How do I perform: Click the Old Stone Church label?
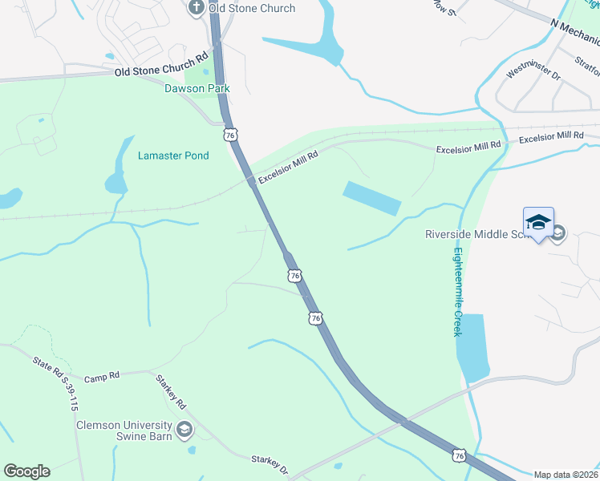click(x=252, y=8)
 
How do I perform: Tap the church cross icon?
click(x=196, y=8)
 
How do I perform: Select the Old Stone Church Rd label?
click(x=161, y=64)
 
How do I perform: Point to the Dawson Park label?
click(x=197, y=89)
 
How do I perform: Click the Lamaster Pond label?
click(x=173, y=156)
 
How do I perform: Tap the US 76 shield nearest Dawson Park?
click(x=231, y=135)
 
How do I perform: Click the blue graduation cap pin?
click(x=539, y=223)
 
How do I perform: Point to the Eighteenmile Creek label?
click(x=457, y=291)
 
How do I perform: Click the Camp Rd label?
click(x=102, y=374)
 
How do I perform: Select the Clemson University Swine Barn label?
click(x=124, y=430)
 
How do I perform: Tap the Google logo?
click(x=26, y=471)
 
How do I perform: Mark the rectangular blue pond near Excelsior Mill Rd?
click(x=371, y=197)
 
